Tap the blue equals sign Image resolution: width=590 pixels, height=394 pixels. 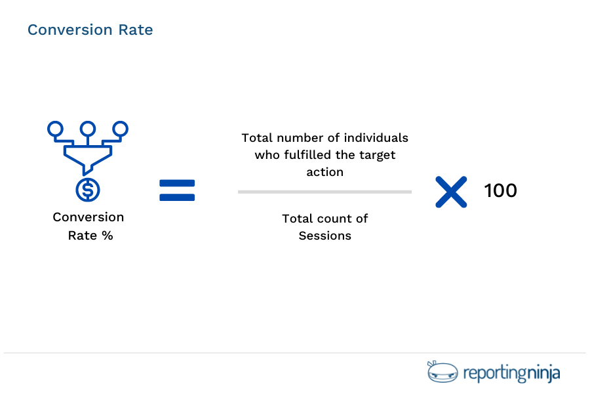coord(177,190)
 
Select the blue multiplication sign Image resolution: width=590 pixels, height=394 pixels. coord(452,192)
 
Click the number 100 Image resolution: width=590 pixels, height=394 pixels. coord(501,191)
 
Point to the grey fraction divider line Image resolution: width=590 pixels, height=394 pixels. coord(324,192)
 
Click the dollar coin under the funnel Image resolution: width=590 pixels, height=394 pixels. coord(88,189)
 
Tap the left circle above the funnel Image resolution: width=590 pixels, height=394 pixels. coord(56,128)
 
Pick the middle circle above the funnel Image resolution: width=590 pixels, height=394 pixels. coord(88,128)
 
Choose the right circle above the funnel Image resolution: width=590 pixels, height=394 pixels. coord(120,128)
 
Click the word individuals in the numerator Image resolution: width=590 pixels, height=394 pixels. coord(378,138)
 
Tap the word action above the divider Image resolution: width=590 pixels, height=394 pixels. coord(324,172)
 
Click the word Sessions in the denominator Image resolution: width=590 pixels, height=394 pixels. coord(324,236)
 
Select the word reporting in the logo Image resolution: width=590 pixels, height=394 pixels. coord(495,374)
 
